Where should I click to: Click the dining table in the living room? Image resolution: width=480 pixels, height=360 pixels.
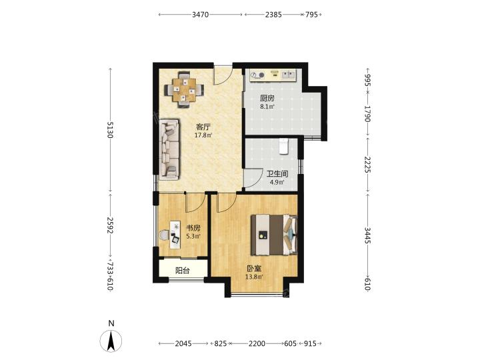click(184, 90)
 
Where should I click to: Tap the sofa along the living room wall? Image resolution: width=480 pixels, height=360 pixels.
click(169, 149)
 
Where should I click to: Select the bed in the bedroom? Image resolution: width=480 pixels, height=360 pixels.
click(274, 235)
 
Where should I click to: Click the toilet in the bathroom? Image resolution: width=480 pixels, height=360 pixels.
click(284, 146)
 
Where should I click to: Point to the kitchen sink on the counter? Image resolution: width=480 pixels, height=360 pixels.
click(289, 75)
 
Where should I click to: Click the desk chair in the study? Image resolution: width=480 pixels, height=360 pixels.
click(165, 235)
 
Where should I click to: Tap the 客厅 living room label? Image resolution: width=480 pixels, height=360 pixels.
click(203, 127)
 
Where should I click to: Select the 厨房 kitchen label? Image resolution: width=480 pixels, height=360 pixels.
click(267, 98)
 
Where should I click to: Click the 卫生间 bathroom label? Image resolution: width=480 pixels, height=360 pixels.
click(277, 174)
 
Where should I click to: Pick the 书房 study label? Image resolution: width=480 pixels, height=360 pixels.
click(193, 228)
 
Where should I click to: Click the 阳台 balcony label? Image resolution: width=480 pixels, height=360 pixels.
click(183, 271)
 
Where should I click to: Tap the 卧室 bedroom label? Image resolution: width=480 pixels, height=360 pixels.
click(254, 269)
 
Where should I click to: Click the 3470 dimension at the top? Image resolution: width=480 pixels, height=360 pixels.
click(200, 15)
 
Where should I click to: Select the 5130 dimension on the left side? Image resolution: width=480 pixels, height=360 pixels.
click(110, 130)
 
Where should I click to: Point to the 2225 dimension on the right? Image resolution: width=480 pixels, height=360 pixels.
click(367, 165)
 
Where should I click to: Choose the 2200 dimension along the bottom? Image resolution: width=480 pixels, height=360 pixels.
click(257, 343)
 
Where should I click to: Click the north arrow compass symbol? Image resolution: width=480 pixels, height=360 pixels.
click(111, 341)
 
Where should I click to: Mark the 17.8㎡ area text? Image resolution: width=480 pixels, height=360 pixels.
click(203, 135)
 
